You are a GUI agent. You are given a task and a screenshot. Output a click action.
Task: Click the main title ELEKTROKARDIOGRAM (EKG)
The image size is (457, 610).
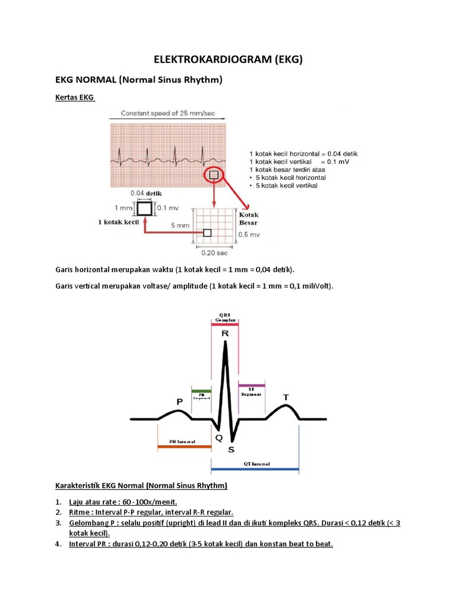point(228,59)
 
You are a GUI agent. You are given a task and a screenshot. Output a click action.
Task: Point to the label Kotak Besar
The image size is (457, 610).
point(248,219)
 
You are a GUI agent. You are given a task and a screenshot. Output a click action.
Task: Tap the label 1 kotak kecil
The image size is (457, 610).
point(118,222)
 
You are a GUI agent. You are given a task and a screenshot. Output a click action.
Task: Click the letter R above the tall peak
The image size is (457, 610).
point(225,334)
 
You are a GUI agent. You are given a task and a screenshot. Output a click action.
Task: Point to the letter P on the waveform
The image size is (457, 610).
point(179,402)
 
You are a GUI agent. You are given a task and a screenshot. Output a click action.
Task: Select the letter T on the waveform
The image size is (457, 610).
point(286,397)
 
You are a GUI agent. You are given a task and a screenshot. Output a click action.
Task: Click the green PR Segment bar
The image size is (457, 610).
point(201,390)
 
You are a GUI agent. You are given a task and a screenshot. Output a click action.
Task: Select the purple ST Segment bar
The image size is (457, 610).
point(251,385)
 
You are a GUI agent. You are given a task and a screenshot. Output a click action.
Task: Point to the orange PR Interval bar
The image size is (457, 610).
point(184,446)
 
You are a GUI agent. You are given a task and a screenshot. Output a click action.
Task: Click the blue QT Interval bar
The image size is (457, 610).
point(255,469)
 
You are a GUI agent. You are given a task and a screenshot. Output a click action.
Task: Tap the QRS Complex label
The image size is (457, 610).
point(225,317)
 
